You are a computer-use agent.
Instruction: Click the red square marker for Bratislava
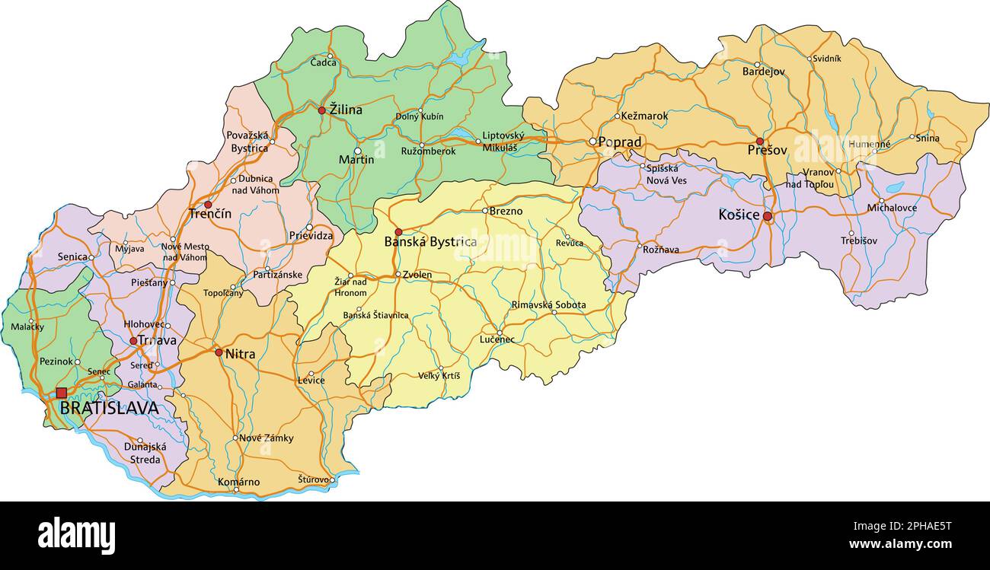click(62, 393)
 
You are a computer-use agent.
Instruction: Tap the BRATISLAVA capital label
click(109, 409)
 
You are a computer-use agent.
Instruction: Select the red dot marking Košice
click(768, 216)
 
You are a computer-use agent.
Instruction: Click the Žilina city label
click(346, 110)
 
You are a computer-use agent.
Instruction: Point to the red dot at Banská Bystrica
click(398, 231)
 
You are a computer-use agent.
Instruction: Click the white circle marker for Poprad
click(592, 141)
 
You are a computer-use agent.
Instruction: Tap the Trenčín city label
click(209, 215)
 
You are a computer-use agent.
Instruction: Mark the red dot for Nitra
click(219, 352)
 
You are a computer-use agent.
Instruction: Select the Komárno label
click(238, 482)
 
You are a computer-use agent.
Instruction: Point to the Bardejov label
click(763, 72)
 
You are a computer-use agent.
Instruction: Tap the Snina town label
click(927, 139)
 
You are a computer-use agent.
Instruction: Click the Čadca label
click(323, 62)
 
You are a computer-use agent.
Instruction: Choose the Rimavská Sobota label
click(548, 305)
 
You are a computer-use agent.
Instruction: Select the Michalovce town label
click(892, 208)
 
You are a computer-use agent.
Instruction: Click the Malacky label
click(27, 327)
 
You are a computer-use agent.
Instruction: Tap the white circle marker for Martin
click(358, 151)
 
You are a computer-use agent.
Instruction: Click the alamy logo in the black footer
click(76, 536)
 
